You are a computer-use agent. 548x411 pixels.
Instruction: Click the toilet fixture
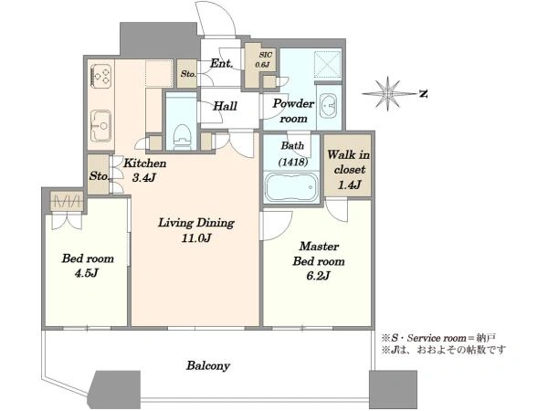click(x=182, y=137)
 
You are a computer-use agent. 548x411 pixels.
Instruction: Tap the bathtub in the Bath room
click(x=292, y=187)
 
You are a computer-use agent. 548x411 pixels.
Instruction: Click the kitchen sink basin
click(x=101, y=125)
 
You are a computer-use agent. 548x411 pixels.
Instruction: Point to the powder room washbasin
click(x=328, y=106)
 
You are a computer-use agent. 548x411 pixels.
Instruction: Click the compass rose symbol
click(x=388, y=94)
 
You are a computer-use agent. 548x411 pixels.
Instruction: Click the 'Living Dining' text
click(x=196, y=223)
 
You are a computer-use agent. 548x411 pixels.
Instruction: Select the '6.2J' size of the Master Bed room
click(x=318, y=276)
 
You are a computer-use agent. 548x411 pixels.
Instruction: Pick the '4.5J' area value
click(x=86, y=273)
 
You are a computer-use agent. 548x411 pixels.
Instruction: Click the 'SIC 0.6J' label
click(x=264, y=59)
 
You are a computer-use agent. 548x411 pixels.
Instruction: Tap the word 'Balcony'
click(x=208, y=366)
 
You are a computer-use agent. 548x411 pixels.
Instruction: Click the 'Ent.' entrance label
click(x=221, y=63)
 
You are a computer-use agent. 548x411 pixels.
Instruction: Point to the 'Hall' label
click(x=225, y=106)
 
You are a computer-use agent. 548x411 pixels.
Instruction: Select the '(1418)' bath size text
click(x=293, y=162)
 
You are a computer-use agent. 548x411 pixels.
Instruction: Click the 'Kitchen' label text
click(x=145, y=163)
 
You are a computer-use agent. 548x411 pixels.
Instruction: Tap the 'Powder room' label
click(x=293, y=111)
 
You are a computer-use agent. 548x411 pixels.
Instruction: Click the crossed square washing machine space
click(x=327, y=64)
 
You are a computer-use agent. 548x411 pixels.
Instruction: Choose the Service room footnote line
click(x=438, y=338)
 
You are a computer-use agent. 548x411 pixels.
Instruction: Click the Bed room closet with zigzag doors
click(x=67, y=202)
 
